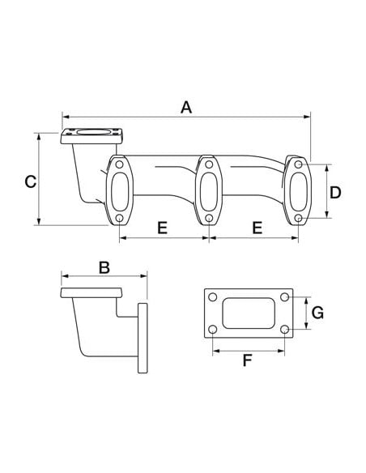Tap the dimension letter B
pos(104,266)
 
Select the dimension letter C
pos(29,181)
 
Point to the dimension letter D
pos(336,193)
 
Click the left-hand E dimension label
pos(162,228)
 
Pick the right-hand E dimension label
pos(257,228)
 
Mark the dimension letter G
pos(317,313)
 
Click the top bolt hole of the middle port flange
pos(208,165)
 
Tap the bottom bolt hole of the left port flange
pos(119,219)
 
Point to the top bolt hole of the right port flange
pos(299,165)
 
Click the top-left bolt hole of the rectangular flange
pos(213,297)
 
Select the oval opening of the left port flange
pos(119,192)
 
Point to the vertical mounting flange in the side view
pos(143,338)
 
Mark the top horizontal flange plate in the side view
pos(90,292)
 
